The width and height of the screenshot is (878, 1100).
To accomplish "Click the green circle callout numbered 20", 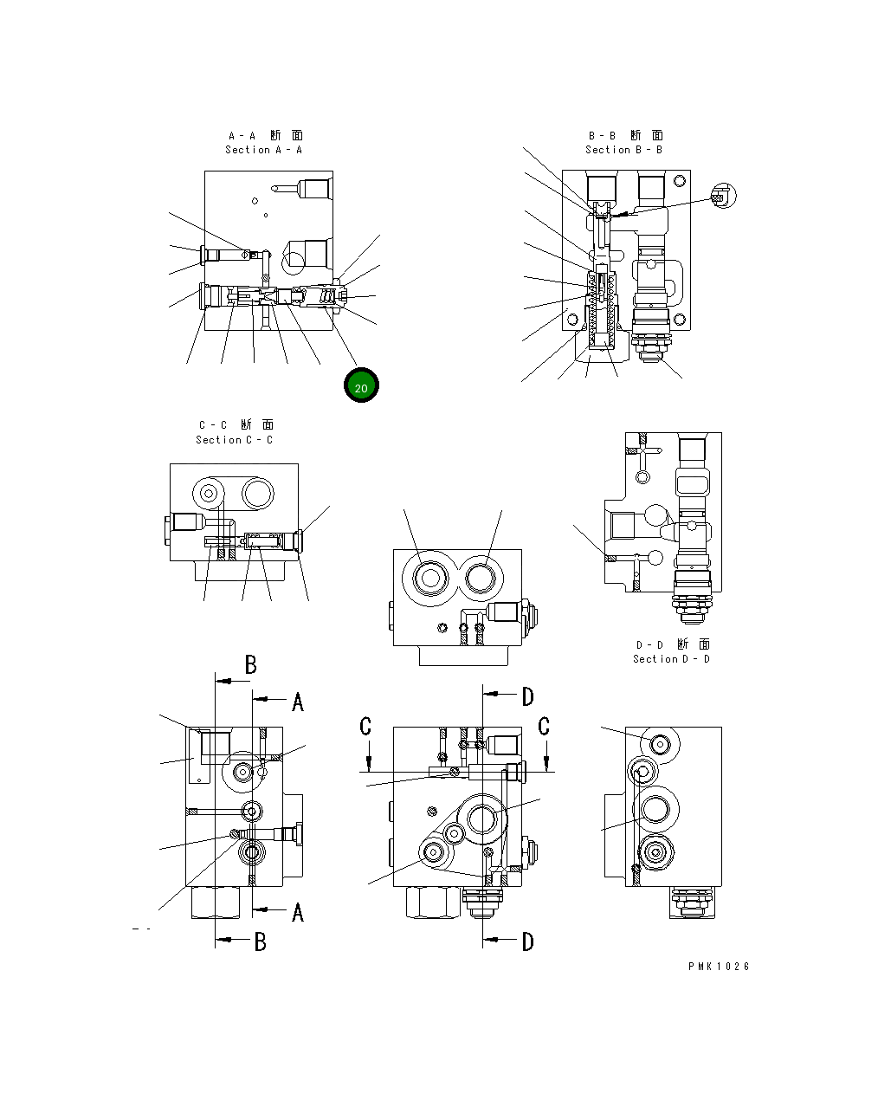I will [x=361, y=386].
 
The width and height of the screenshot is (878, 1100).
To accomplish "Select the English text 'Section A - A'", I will [x=263, y=150].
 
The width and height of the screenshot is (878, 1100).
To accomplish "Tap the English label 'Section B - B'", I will [x=623, y=150].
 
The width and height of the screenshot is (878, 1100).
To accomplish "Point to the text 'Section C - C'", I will [x=234, y=440].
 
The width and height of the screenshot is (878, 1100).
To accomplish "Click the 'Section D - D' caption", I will [x=671, y=659].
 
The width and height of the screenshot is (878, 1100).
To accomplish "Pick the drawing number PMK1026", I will [x=719, y=967].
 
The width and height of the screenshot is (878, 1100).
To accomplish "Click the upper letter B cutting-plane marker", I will [x=250, y=664].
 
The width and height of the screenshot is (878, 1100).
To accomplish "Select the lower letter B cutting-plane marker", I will [x=260, y=941].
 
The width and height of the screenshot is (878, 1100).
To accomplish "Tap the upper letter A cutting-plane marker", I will [x=297, y=702].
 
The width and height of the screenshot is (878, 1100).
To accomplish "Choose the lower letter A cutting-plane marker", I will [x=297, y=912].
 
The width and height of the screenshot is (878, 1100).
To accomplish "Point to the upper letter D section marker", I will [x=527, y=696].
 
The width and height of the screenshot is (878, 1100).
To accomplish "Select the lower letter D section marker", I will [x=527, y=941].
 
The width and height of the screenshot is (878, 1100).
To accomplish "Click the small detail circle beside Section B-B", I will [x=725, y=197].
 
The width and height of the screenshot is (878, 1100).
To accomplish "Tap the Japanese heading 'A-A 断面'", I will [x=265, y=135].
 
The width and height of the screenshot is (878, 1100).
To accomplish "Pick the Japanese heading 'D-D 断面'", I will [x=673, y=644].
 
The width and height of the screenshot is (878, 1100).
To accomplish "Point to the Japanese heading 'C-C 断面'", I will [x=236, y=425].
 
